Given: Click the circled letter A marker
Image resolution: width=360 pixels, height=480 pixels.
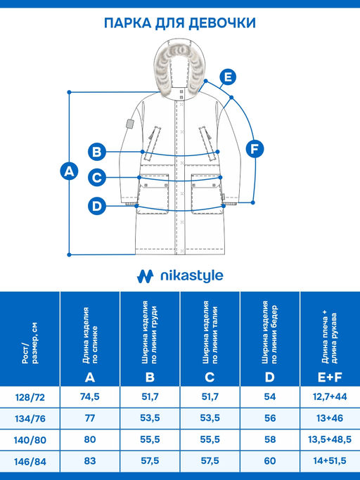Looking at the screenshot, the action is point(69,171).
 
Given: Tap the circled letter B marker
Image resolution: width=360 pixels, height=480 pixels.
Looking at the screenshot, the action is point(97,152).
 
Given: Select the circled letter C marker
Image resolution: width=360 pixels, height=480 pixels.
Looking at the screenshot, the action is point(97,178).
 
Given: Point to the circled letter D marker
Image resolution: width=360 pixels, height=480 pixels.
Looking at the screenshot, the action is point(97,206).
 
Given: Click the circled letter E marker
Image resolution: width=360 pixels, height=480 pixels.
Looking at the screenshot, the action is point(228,77).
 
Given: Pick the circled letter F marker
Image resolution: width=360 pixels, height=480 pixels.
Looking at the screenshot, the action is point(255,149).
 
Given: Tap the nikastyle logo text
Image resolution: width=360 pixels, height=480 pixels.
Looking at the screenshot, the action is point(192,275).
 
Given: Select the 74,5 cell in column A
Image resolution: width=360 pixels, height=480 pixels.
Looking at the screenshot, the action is point(90,397).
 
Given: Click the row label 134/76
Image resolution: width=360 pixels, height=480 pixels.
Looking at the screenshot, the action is point(30,418).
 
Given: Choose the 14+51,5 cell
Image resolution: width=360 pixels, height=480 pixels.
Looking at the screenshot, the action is point(330,461).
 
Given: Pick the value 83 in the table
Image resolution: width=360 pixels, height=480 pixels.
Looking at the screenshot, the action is point(90,461).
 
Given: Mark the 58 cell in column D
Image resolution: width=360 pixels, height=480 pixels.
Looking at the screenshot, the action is point(269,439).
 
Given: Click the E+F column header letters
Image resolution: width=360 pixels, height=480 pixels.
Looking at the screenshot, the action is point(330,377).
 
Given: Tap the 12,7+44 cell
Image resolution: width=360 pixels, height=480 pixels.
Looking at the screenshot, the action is point(330,397).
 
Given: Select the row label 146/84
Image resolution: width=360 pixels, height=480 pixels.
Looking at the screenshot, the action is point(30,461).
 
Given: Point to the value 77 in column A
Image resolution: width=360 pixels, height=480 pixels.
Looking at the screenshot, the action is point(90,418).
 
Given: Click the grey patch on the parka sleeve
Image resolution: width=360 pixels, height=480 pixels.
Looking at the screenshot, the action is point(131,124).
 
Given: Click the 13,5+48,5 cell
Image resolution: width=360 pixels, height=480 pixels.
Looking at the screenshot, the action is point(330,439).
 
